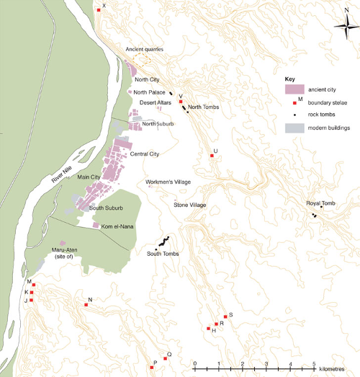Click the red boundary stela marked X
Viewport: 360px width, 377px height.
click(x=99, y=10)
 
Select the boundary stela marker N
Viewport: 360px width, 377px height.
click(x=86, y=305)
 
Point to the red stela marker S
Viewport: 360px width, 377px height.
click(x=226, y=316)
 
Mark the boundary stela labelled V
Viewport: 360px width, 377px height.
click(x=180, y=102)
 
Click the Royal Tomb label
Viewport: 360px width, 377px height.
click(x=321, y=203)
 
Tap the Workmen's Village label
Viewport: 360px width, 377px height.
click(x=168, y=182)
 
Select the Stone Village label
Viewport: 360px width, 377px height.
click(x=190, y=205)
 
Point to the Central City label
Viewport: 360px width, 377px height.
click(x=144, y=154)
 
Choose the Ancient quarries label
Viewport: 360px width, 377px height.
click(x=145, y=49)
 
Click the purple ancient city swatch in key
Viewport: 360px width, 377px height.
click(x=294, y=89)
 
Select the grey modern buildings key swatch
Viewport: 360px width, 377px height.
click(x=294, y=128)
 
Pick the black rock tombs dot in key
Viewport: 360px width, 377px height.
click(x=294, y=115)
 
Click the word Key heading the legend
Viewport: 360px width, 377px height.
click(x=290, y=78)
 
